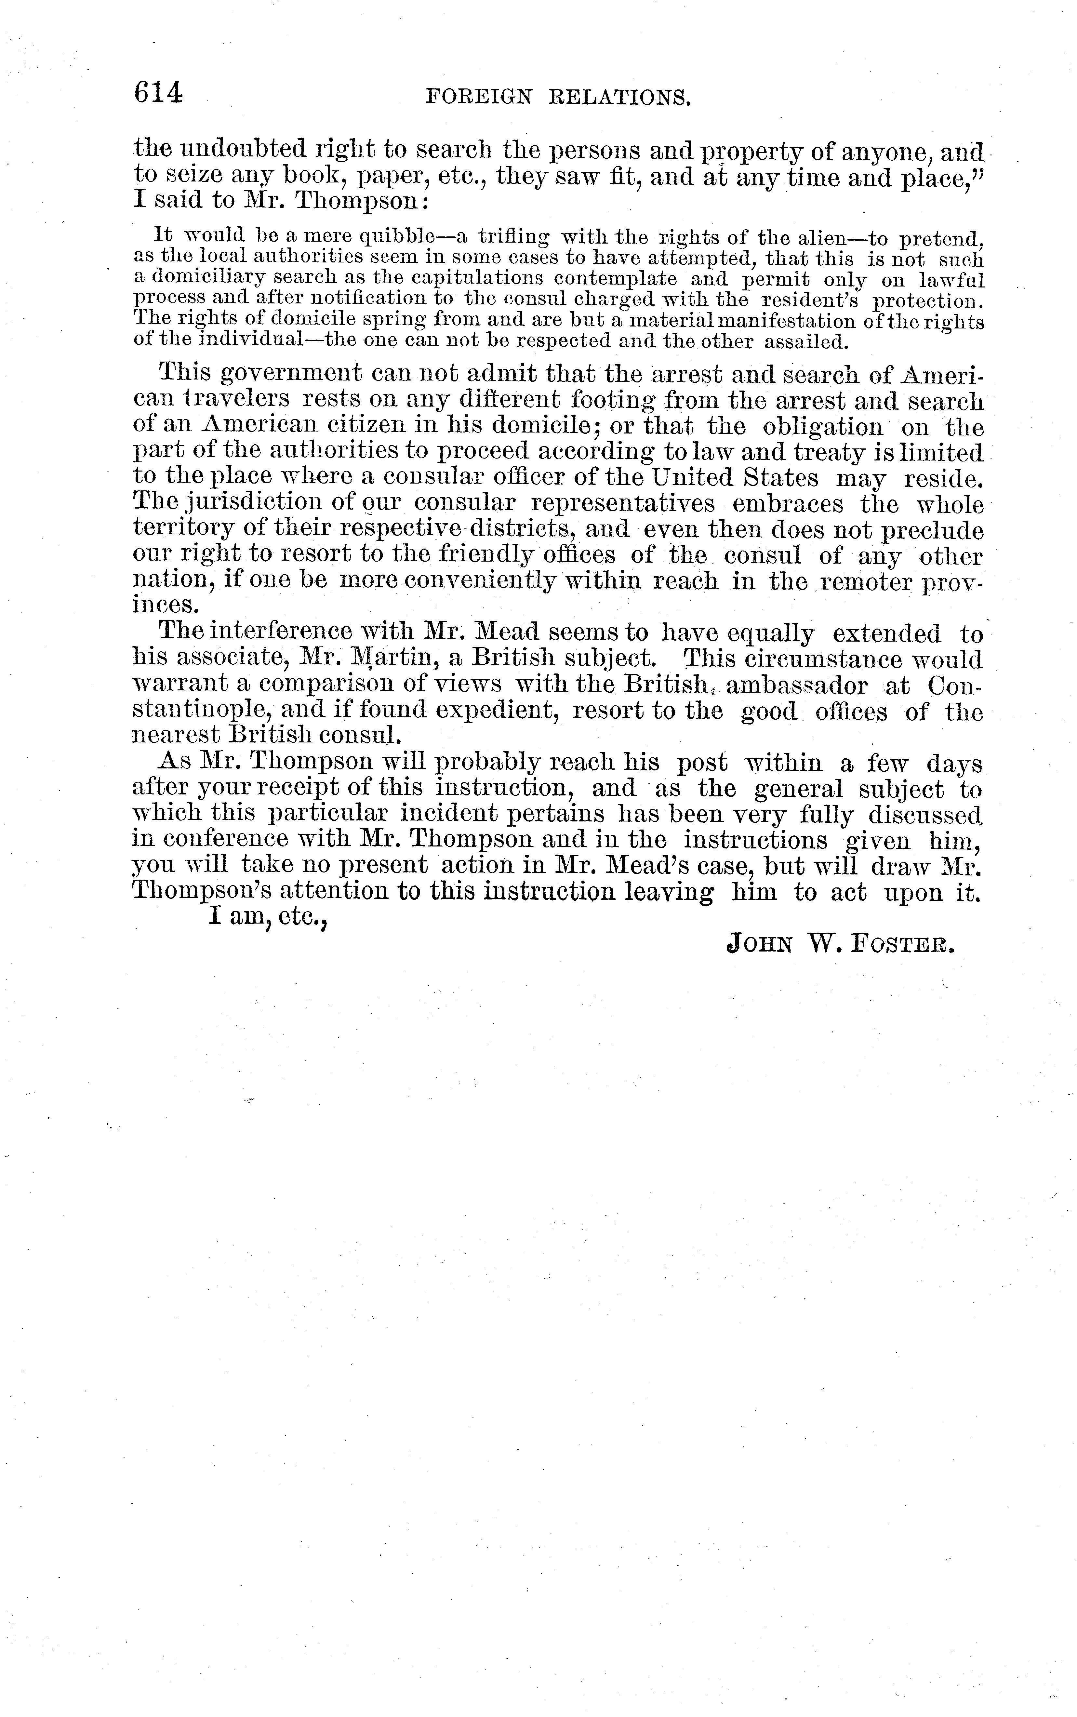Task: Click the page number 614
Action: [x=158, y=93]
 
